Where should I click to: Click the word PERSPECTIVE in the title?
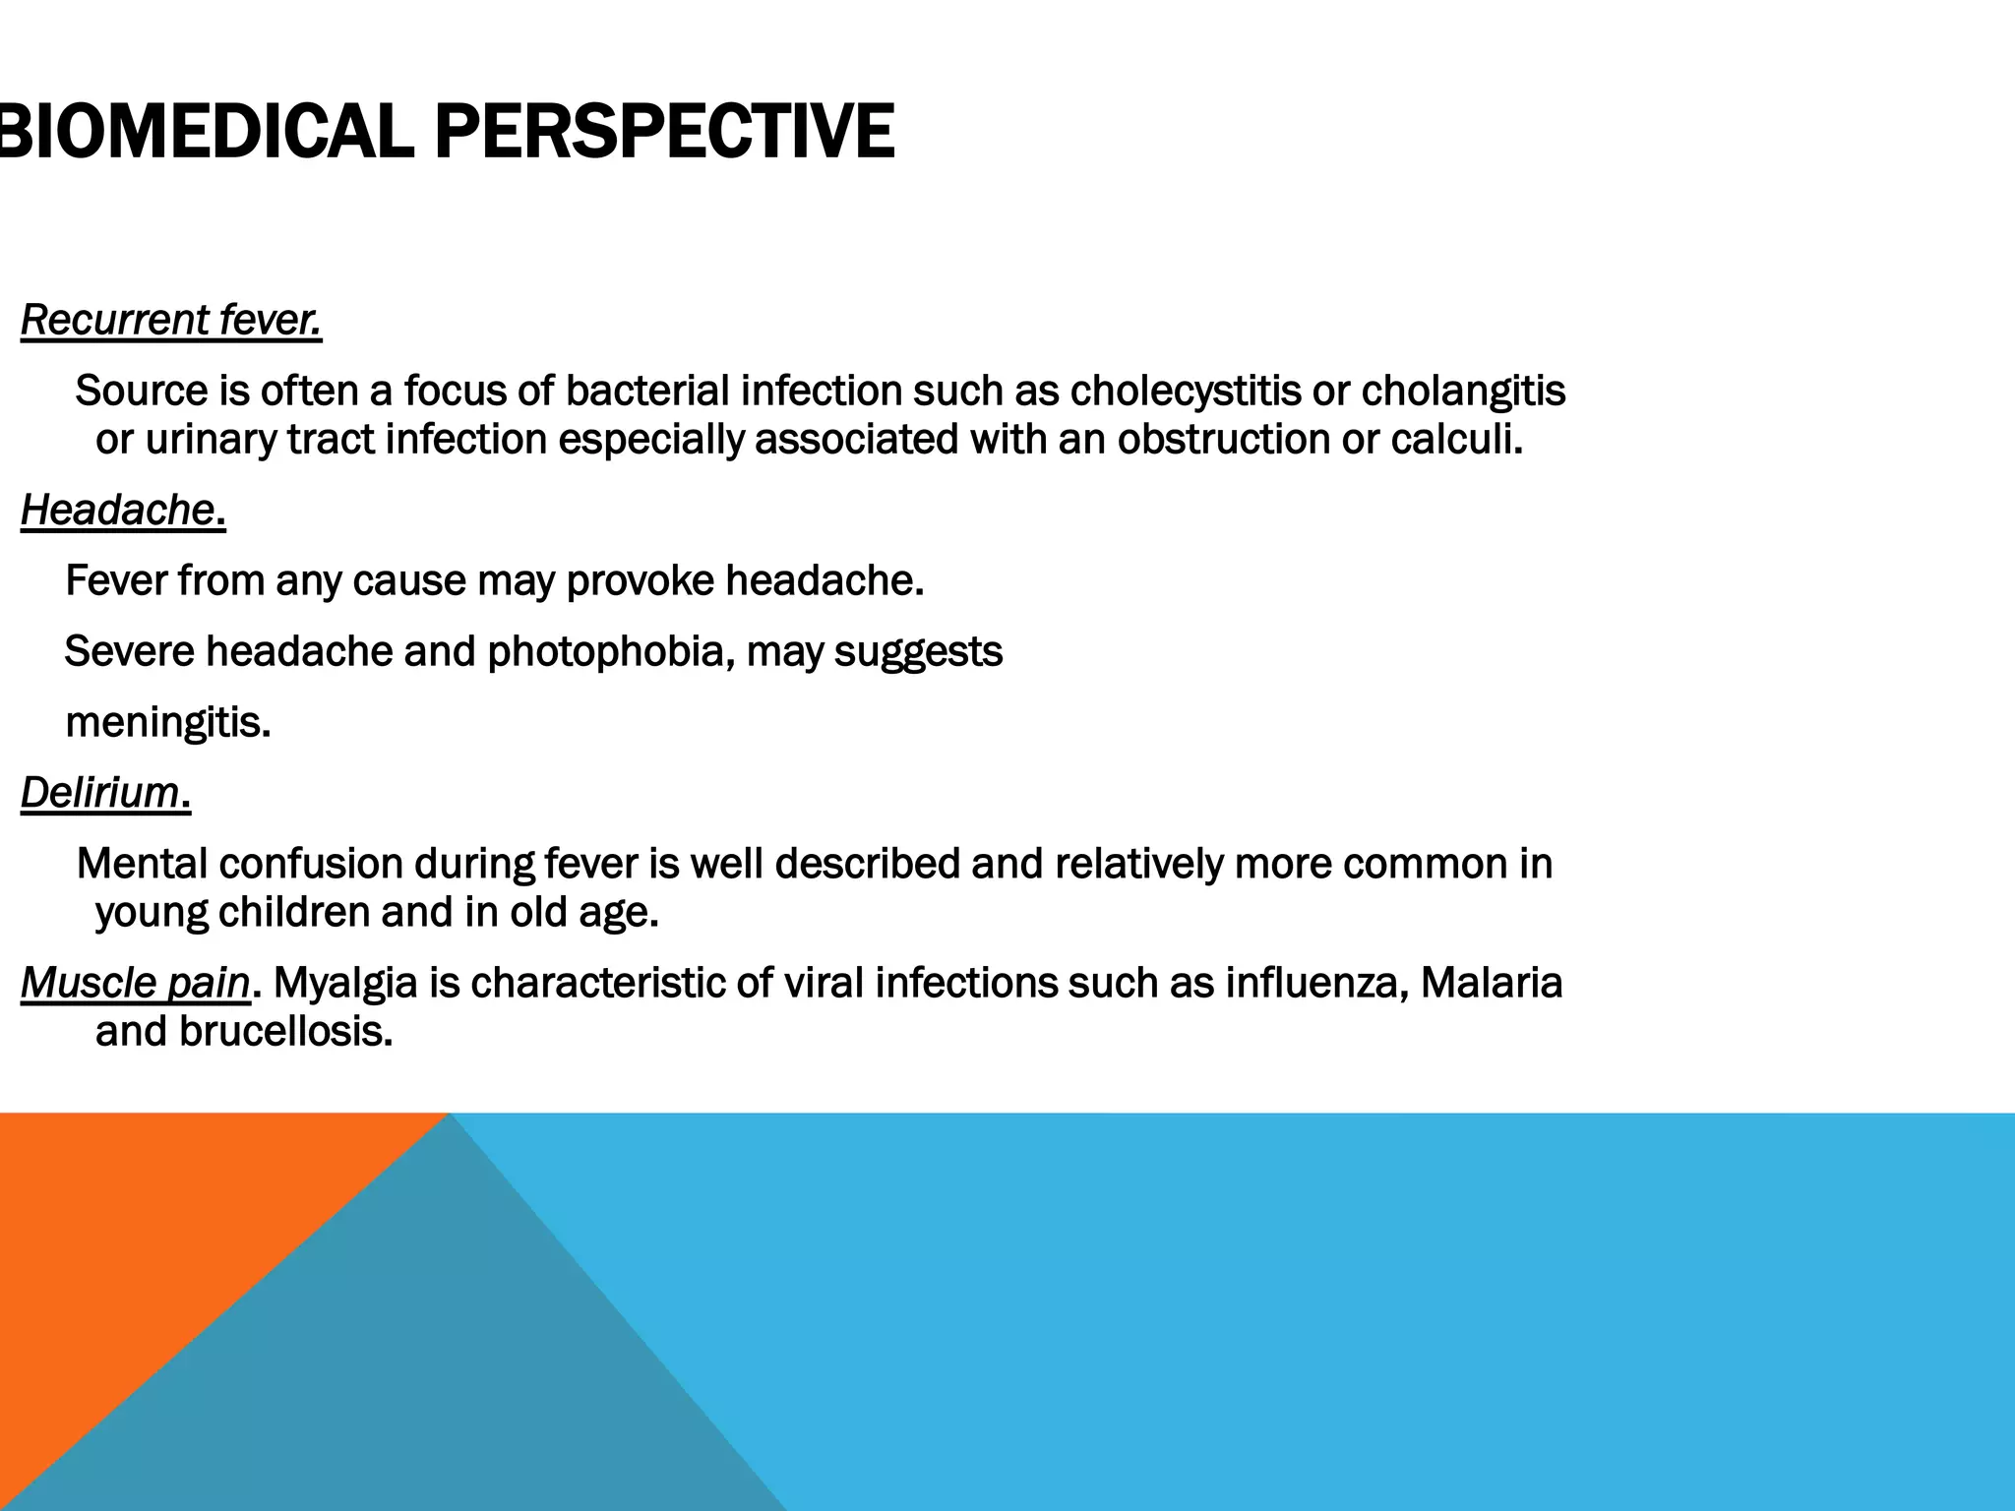(664, 132)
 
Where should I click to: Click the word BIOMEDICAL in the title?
(207, 132)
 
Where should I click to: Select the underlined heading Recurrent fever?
(171, 321)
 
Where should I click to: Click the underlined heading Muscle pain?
(136, 983)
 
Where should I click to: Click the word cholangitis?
(1463, 392)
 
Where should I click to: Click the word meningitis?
(167, 723)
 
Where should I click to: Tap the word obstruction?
(1223, 440)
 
